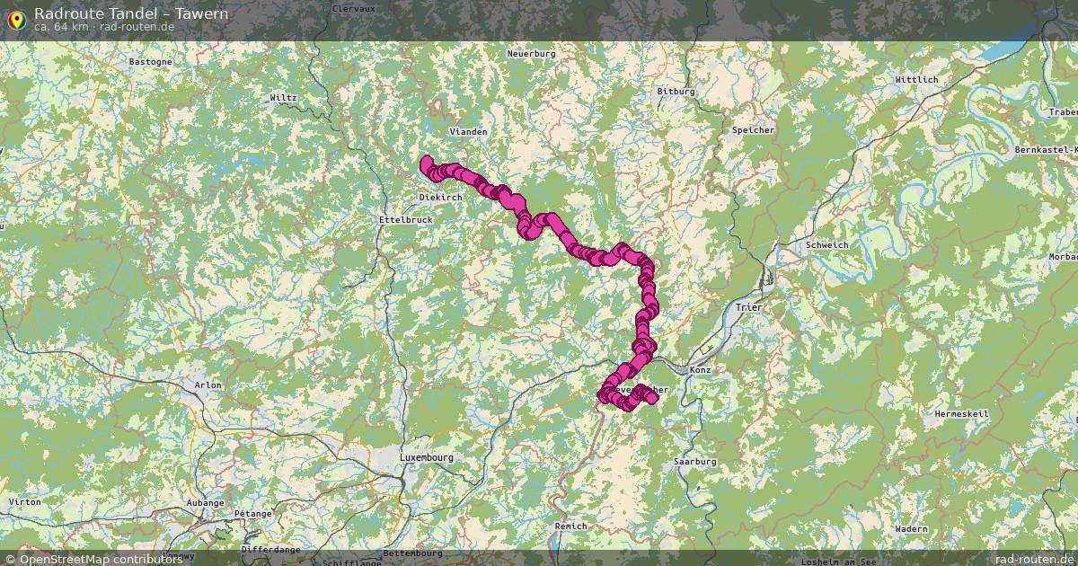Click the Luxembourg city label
426,457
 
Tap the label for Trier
748,307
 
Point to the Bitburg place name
676,92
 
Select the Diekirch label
441,197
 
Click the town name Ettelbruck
406,218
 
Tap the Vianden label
468,131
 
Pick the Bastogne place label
151,62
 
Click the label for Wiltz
283,97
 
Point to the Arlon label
208,385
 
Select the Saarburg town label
694,461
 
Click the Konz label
700,370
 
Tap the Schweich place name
826,244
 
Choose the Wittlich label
916,80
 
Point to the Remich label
571,526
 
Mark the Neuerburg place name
532,54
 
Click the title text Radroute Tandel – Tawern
131,13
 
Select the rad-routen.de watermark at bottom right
1034,558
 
